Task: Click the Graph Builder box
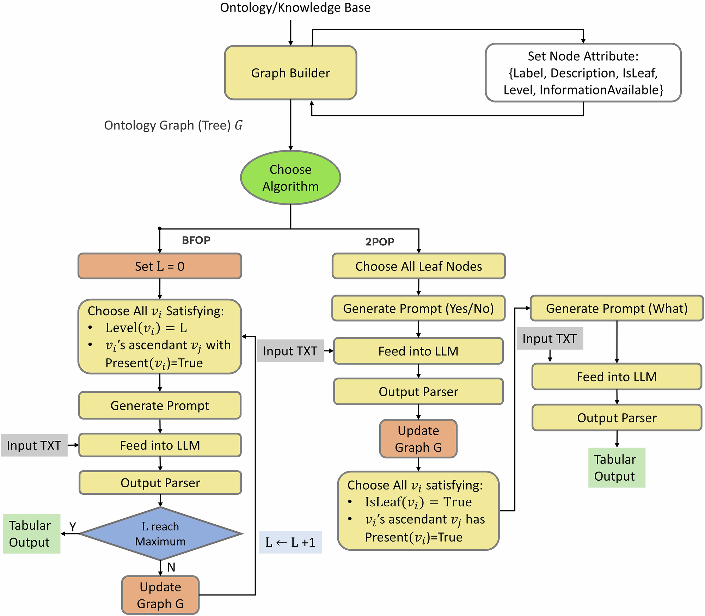tap(290, 73)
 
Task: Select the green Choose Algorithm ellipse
tap(290, 177)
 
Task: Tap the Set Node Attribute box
tap(583, 73)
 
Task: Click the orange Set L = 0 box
tap(160, 266)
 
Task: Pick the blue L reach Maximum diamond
tap(160, 533)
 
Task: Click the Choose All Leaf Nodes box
tap(418, 266)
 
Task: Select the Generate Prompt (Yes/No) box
tap(418, 309)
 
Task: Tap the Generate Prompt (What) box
tap(617, 309)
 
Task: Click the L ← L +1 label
tap(290, 542)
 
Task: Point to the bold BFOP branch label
tap(196, 240)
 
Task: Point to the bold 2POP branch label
tap(380, 242)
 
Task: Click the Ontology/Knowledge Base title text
tap(295, 8)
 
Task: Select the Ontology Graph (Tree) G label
tap(173, 125)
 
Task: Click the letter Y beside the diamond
tap(73, 527)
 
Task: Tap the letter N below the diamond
tap(171, 567)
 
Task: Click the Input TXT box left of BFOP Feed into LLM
tap(34, 445)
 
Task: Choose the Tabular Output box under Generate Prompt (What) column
tap(617, 468)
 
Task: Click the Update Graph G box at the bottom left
tap(160, 595)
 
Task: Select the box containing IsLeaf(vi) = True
tap(418, 511)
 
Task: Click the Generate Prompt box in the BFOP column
tap(160, 405)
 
